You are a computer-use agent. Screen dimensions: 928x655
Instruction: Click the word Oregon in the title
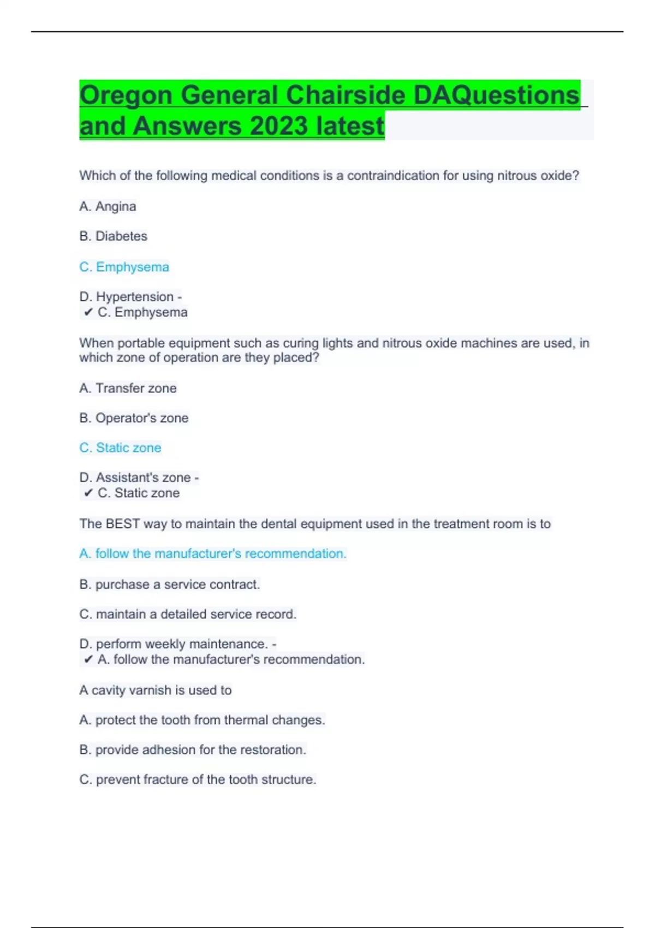(126, 96)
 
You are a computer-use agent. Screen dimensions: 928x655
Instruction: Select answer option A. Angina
(108, 206)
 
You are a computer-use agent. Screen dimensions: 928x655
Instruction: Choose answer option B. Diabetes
(113, 236)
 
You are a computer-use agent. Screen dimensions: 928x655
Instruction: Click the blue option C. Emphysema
(124, 267)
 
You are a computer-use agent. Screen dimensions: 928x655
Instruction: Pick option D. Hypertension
(127, 297)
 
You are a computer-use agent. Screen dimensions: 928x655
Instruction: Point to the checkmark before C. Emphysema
(88, 312)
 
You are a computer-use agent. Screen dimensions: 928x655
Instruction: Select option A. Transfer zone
(128, 388)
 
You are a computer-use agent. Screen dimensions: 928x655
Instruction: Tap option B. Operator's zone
(134, 418)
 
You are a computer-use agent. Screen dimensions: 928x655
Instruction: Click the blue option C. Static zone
(120, 448)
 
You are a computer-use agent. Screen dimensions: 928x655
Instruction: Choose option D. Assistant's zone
(135, 478)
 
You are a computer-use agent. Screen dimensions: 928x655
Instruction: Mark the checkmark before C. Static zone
(88, 493)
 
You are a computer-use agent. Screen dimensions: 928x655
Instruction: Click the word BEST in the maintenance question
(123, 524)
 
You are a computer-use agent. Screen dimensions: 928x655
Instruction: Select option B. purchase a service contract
(169, 585)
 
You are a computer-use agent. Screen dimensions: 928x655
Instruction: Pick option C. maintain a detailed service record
(188, 614)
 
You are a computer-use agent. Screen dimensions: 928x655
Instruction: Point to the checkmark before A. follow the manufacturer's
(88, 659)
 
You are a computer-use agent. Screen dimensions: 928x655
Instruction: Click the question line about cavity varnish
(156, 691)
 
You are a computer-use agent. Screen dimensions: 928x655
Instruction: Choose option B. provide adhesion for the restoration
(193, 750)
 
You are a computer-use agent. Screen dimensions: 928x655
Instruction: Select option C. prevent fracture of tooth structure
(198, 780)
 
